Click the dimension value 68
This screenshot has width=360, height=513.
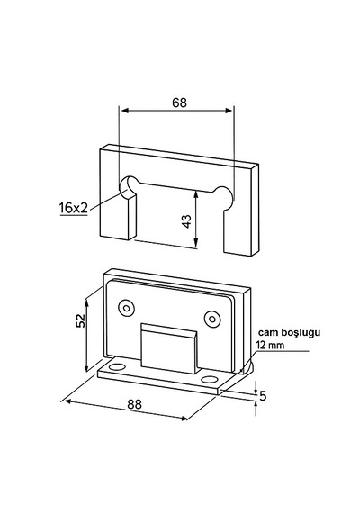coord(179,103)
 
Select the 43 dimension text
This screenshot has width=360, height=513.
coord(186,221)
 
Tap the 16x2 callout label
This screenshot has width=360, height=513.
coord(73,208)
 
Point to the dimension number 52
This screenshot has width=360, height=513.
coord(80,320)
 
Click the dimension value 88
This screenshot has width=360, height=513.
coord(135,404)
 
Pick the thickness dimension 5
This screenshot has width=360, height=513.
coord(263,396)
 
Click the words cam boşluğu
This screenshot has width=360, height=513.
coord(289,332)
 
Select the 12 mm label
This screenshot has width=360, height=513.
coord(270,345)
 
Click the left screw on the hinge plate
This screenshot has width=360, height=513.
coord(127,308)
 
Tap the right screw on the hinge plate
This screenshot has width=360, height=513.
coord(212,319)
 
